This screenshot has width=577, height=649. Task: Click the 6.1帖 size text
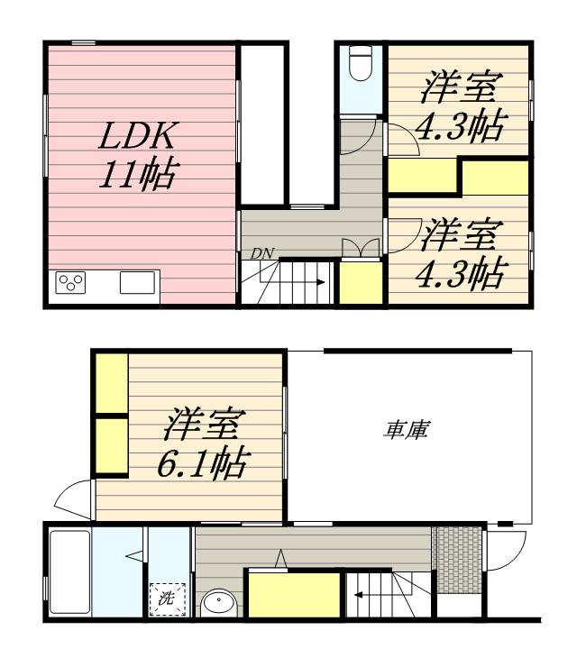[200, 466]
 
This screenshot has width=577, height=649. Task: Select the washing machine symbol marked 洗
[166, 597]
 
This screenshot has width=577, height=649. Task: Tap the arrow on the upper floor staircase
[298, 281]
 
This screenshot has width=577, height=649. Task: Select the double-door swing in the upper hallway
[360, 247]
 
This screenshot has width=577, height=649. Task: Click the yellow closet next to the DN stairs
[360, 284]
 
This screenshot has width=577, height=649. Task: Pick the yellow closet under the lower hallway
[293, 595]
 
